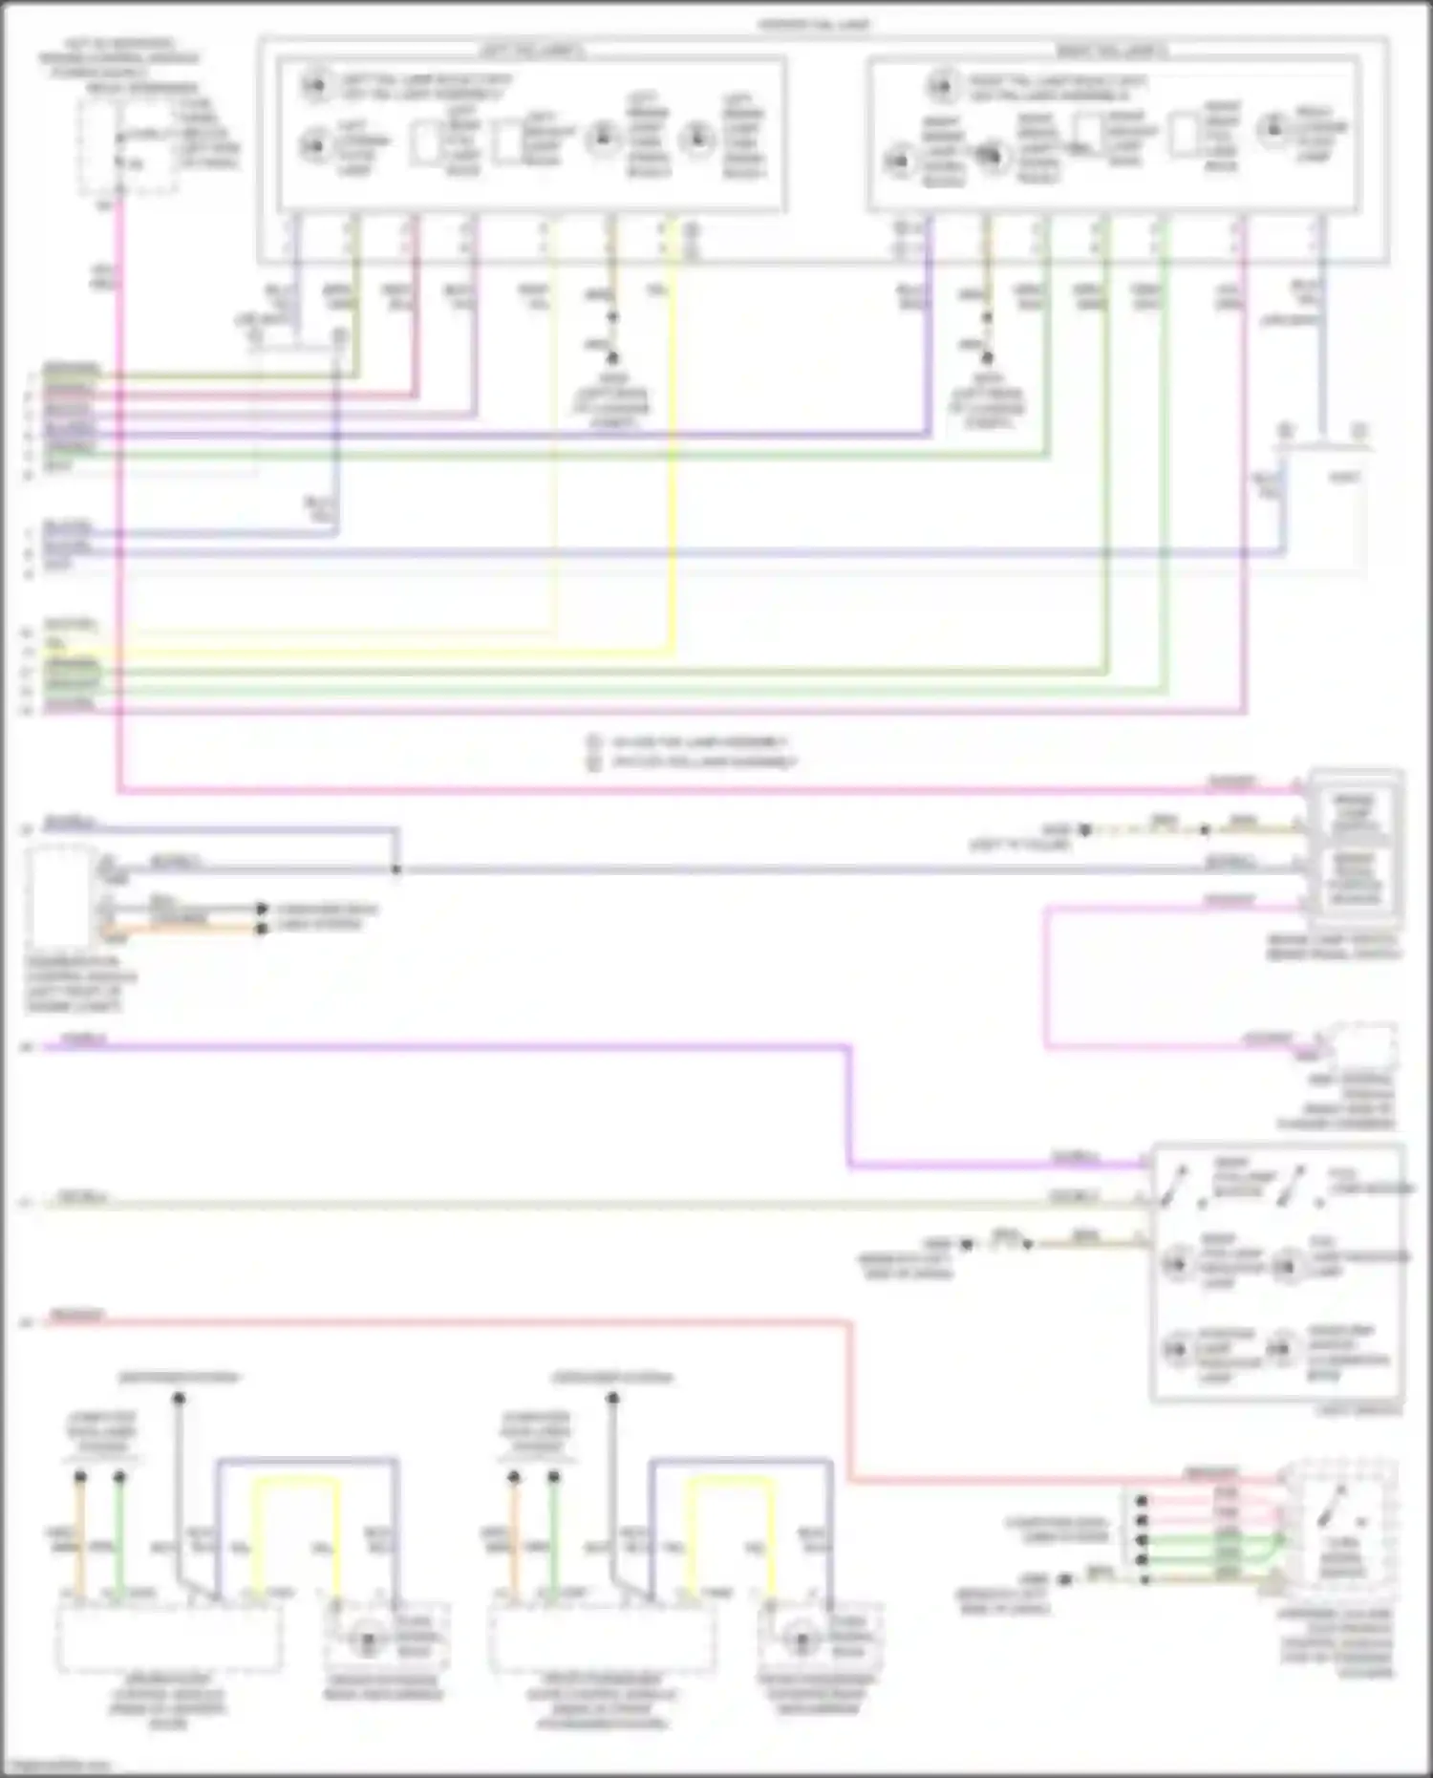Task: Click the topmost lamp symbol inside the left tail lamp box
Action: click(x=314, y=87)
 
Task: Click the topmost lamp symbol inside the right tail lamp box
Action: click(x=941, y=87)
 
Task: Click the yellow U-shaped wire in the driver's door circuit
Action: click(x=295, y=1480)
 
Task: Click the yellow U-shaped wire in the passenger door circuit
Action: click(x=731, y=1480)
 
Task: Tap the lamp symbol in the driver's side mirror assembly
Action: click(x=364, y=1640)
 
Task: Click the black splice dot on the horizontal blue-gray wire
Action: click(x=396, y=869)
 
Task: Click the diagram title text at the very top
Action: click(x=814, y=24)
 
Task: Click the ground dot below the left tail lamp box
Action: click(x=612, y=357)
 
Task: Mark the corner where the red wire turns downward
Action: click(x=848, y=1322)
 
